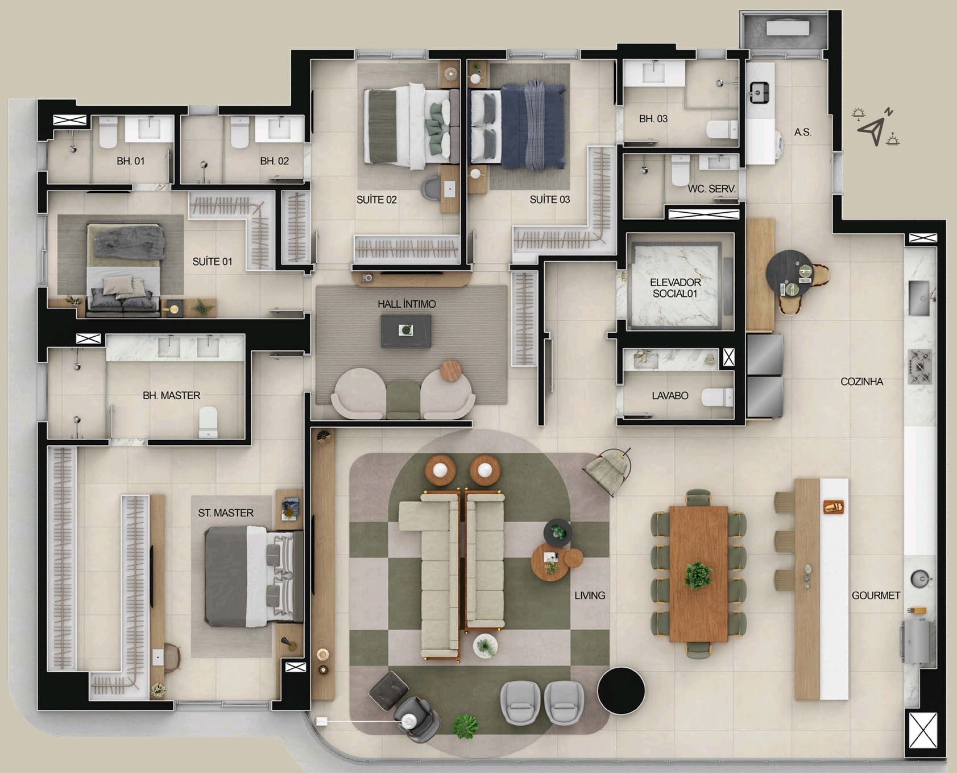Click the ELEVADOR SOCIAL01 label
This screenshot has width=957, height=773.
pos(675,288)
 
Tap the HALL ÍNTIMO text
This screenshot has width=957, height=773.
pos(407,304)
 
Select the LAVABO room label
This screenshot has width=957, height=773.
pos(670,395)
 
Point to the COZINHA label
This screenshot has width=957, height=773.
pos(861,382)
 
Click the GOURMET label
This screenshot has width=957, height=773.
pos(876,596)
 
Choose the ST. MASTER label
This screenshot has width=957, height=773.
pos(226,513)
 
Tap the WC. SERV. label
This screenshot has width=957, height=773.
pos(712,189)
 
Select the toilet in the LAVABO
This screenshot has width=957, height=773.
pos(717,397)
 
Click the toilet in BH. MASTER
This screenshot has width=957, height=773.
pos(208,422)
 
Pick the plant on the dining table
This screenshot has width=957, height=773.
pos(698,575)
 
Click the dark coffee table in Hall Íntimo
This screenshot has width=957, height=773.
pos(405,331)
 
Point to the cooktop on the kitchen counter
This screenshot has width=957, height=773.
pos(919,367)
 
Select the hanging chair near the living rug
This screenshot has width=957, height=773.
pos(608,472)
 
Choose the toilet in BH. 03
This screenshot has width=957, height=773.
pos(722,129)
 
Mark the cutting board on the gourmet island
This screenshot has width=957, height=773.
pos(833,507)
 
